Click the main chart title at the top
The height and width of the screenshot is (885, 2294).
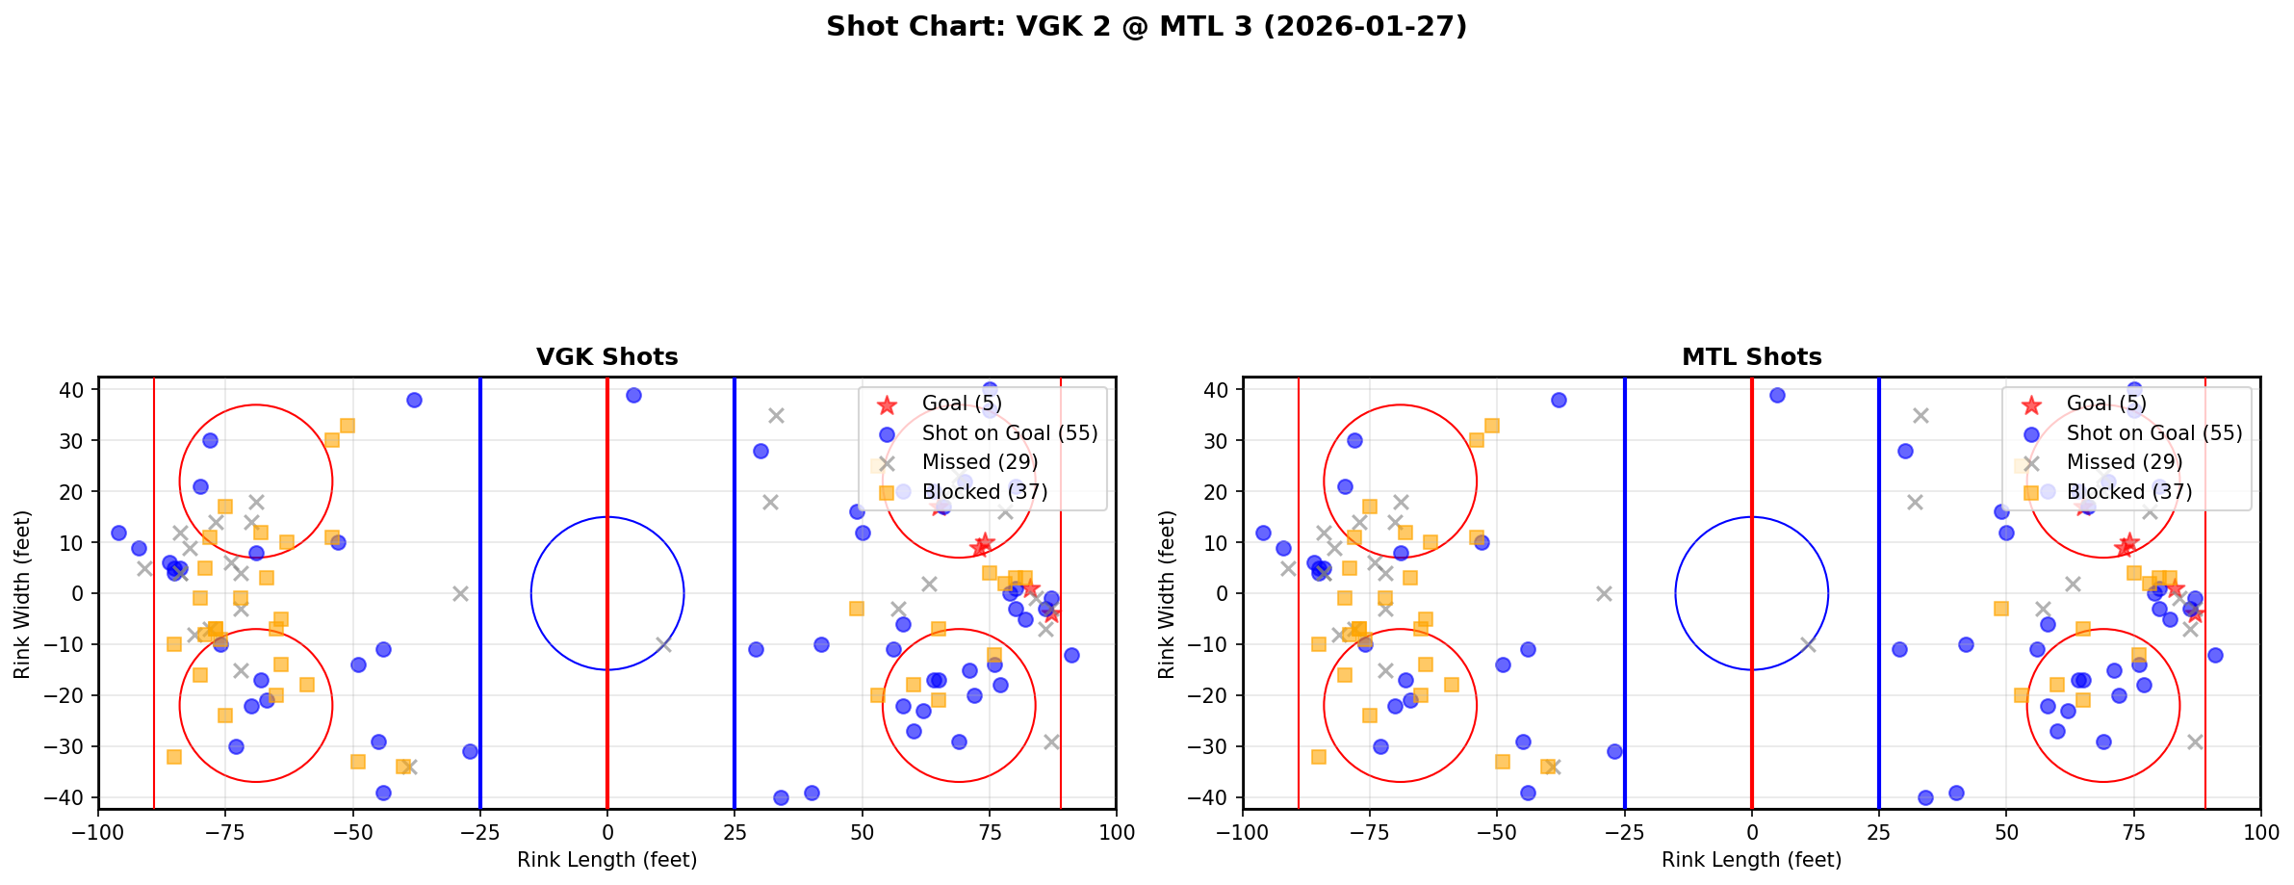click(1147, 26)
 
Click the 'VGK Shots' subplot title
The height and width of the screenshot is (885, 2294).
click(606, 357)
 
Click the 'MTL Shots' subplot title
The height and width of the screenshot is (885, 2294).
click(1751, 357)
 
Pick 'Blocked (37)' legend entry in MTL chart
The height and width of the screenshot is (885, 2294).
click(2129, 492)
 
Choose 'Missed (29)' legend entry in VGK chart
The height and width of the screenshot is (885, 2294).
click(979, 462)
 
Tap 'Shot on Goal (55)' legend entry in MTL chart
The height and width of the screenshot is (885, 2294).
click(2154, 433)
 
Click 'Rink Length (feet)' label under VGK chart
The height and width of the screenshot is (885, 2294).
click(606, 860)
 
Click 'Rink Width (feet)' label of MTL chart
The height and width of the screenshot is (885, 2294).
click(1167, 594)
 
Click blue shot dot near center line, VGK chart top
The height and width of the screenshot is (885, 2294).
click(633, 396)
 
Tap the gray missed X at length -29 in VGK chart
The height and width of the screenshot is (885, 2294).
click(460, 593)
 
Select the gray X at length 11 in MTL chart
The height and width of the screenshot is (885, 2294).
click(1808, 644)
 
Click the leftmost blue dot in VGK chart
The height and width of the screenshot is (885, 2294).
click(118, 533)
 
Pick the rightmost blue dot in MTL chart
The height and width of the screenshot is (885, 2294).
click(2215, 655)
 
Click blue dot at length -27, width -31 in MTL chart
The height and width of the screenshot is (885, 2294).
click(1614, 751)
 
